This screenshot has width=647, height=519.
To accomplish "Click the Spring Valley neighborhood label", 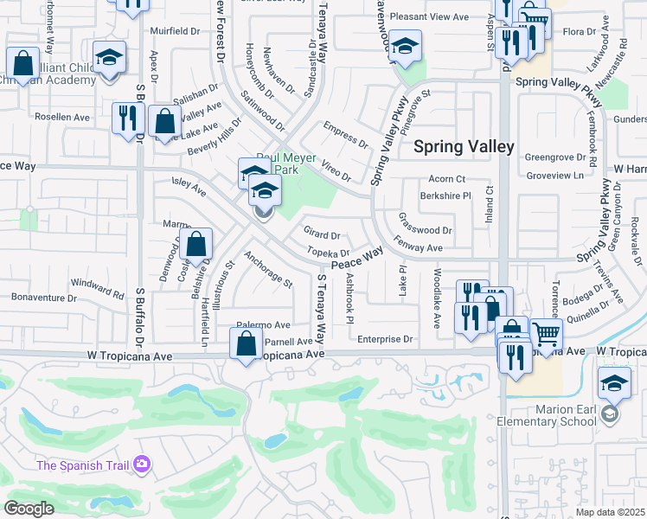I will coord(464,147).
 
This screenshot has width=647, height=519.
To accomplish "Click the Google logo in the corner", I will coord(29,509).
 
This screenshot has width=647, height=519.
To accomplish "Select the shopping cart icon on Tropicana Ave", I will coord(546,333).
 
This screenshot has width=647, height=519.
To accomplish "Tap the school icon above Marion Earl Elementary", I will coord(613,381).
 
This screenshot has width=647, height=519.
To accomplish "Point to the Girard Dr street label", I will coord(322,234).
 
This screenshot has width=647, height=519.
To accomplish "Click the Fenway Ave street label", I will coord(418,247).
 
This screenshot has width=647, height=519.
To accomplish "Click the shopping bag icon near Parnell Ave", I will coord(247,343).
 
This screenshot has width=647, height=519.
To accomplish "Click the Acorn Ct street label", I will coord(446,179).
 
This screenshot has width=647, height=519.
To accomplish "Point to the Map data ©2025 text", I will coord(609,512).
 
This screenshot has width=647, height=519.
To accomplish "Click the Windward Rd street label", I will coord(97,283).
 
